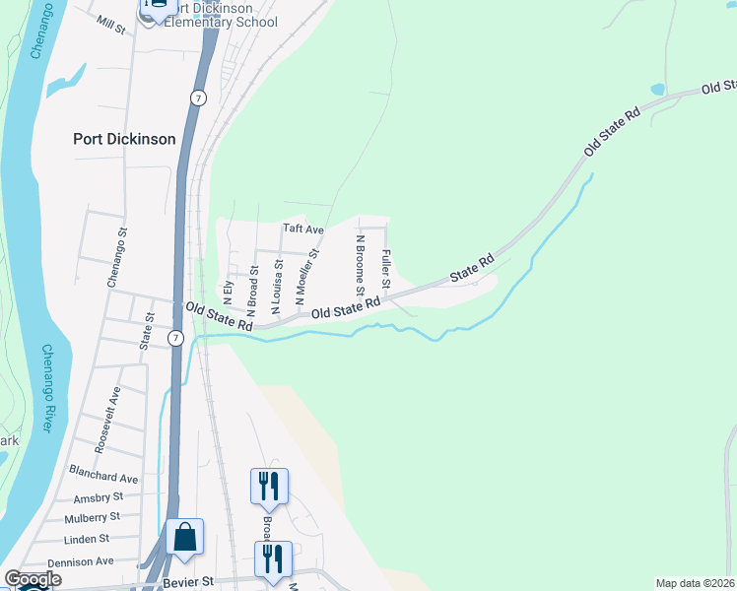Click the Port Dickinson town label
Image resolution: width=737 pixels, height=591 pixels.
point(124,139)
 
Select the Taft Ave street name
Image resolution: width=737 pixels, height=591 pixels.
point(303,229)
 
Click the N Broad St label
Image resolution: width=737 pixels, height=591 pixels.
point(254,284)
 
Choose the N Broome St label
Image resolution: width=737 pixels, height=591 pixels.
point(360,262)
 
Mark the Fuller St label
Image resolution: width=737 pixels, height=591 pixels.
point(386,269)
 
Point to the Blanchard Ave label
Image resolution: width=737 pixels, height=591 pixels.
point(103,478)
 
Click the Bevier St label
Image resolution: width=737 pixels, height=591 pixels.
point(185,582)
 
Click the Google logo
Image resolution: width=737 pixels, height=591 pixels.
point(33,579)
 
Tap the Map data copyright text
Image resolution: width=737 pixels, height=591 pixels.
point(695,583)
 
